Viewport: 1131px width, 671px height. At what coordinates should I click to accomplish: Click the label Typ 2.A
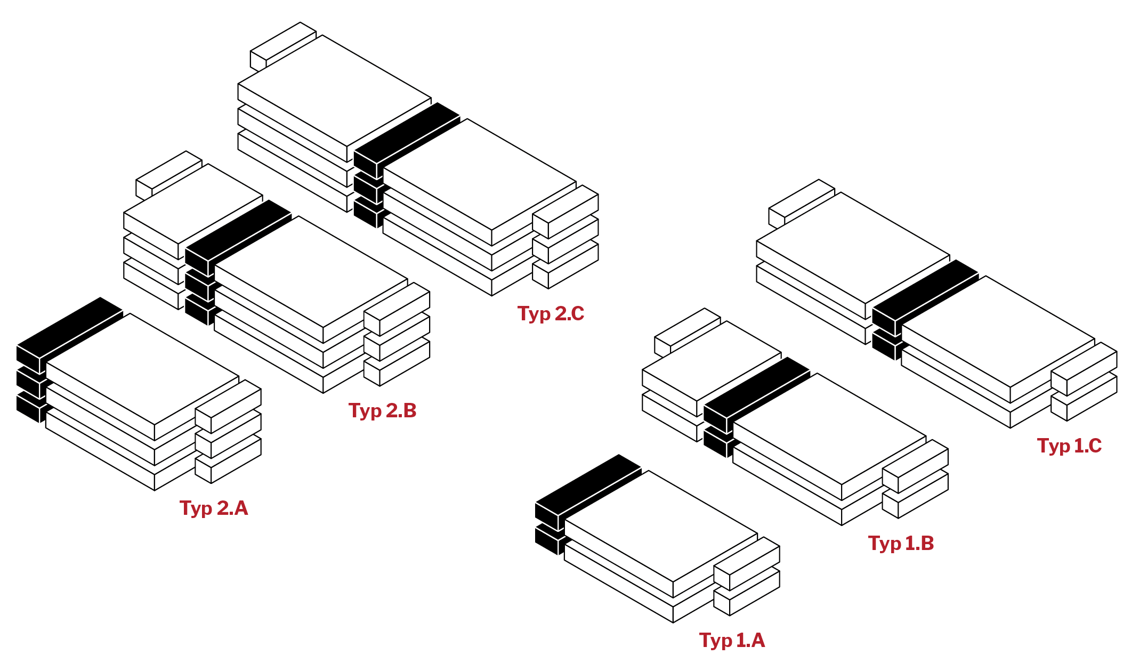coord(214,508)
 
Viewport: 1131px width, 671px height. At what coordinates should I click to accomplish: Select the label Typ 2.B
coord(382,410)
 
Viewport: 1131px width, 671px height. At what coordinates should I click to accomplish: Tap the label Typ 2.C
coord(551,313)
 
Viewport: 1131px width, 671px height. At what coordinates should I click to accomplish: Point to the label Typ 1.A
coord(732,640)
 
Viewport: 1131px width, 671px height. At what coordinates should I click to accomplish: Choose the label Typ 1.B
coord(901,543)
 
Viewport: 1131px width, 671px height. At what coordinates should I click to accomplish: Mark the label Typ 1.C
coord(1069,446)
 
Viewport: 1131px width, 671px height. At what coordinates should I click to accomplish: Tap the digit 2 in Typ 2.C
coord(561,313)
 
